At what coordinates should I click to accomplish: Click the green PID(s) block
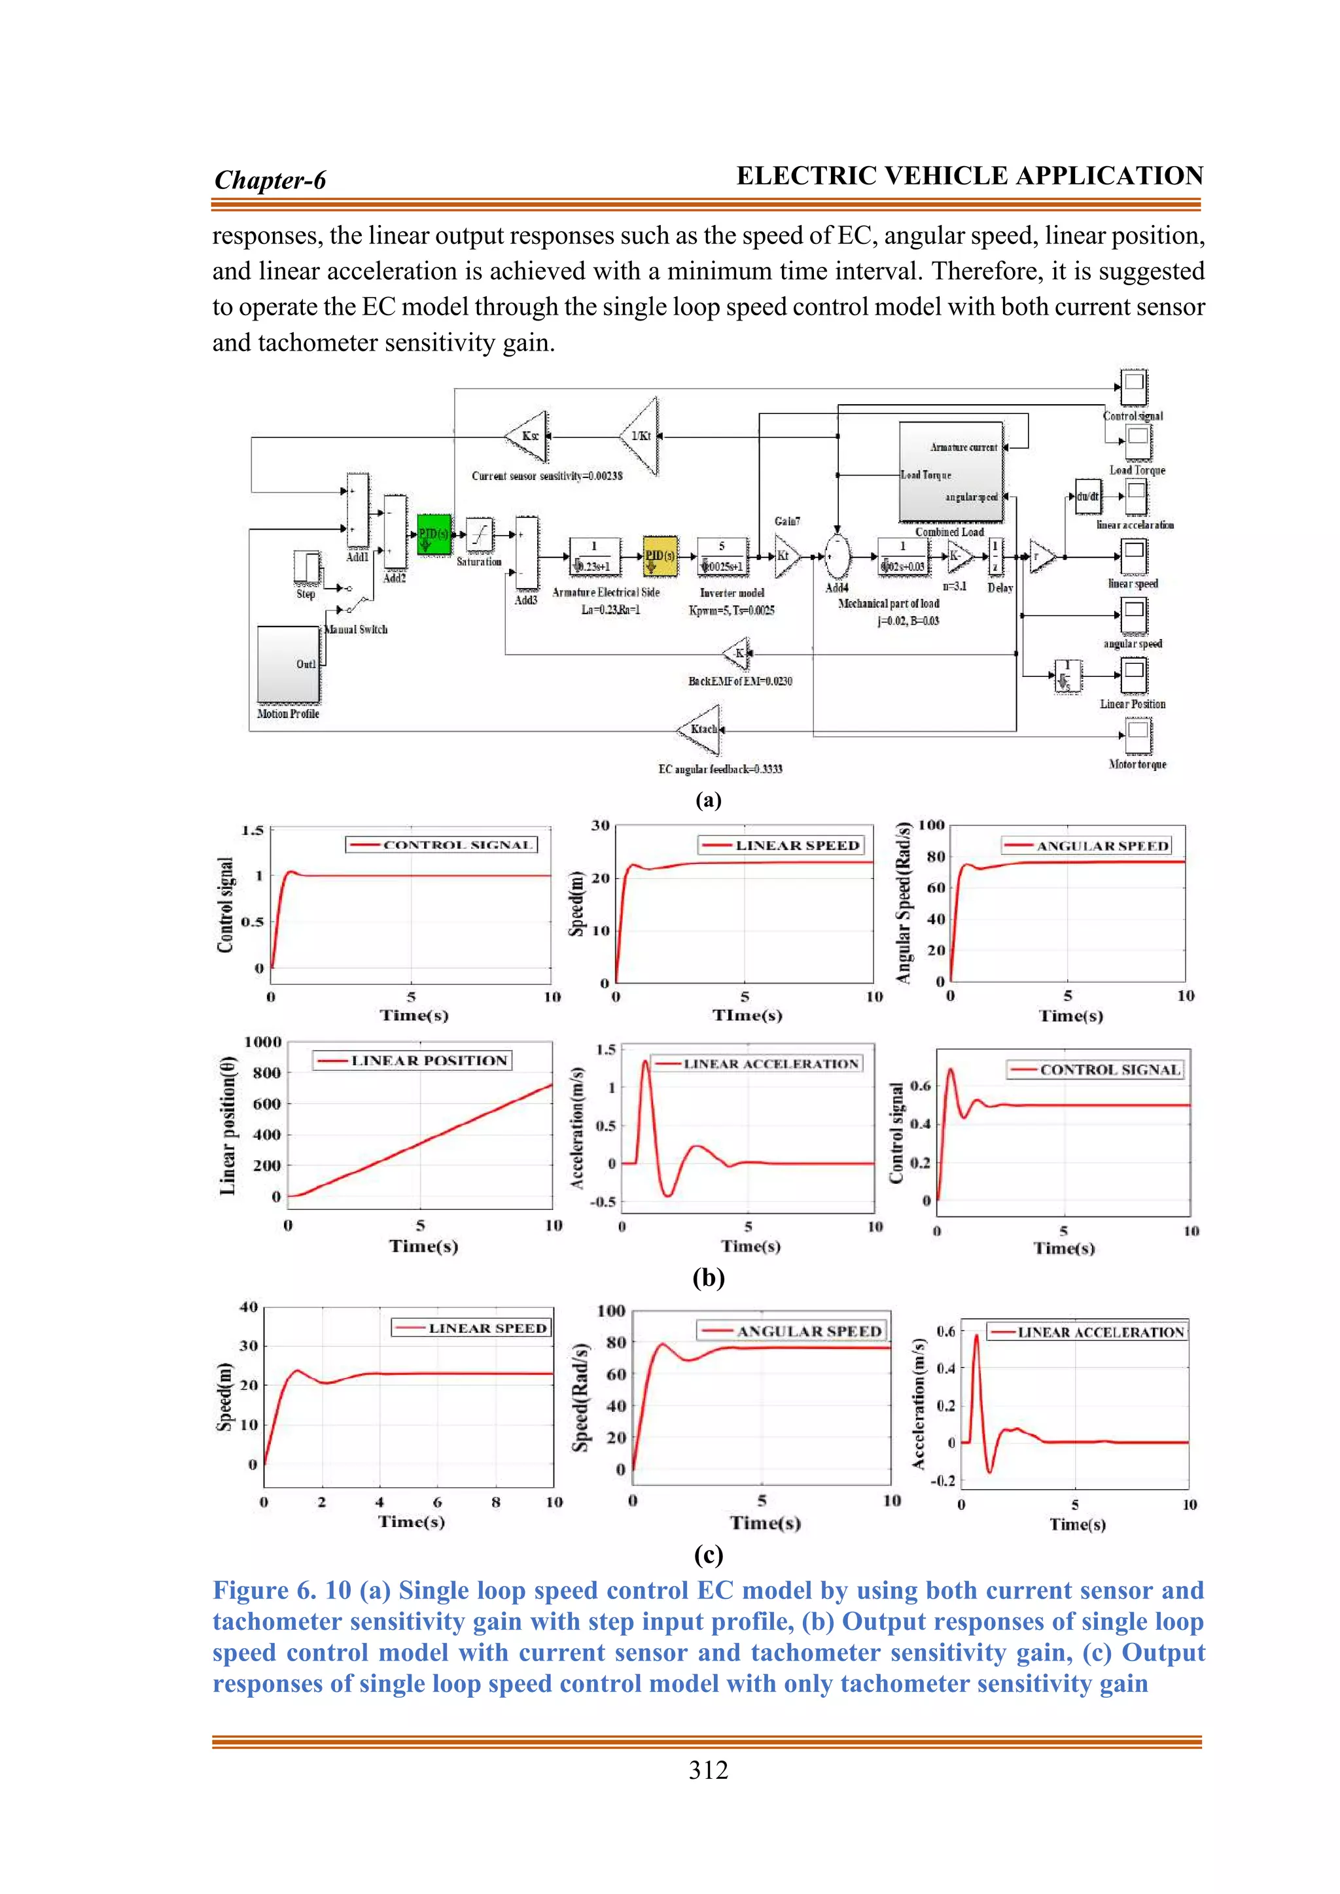coord(433,534)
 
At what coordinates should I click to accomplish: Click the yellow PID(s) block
coord(660,556)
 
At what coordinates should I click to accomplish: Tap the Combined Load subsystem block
coord(951,472)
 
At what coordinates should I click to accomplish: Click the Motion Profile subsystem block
coord(288,664)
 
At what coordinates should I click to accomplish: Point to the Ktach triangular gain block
coord(701,729)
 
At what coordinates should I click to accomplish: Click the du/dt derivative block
coord(1087,496)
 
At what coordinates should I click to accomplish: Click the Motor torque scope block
coord(1138,734)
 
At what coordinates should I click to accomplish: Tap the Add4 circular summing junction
coord(837,557)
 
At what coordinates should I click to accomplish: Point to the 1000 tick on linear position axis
coord(262,1042)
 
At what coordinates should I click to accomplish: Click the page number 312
coord(708,1770)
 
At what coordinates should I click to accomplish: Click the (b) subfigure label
coord(708,1278)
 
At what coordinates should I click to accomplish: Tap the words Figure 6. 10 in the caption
coord(281,1591)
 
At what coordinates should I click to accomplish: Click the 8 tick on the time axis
coord(496,1502)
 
